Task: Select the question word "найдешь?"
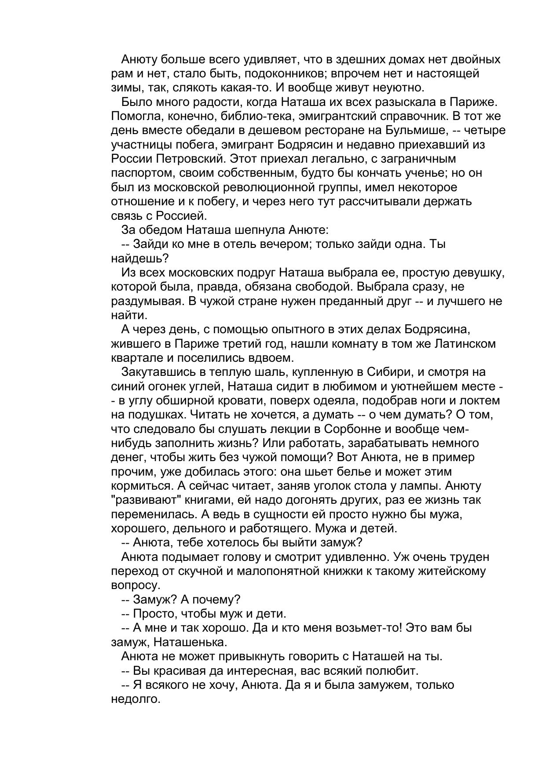point(140,258)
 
